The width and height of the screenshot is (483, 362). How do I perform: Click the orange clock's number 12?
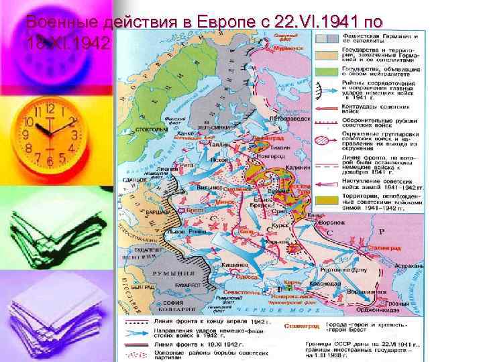[x=49, y=109]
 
